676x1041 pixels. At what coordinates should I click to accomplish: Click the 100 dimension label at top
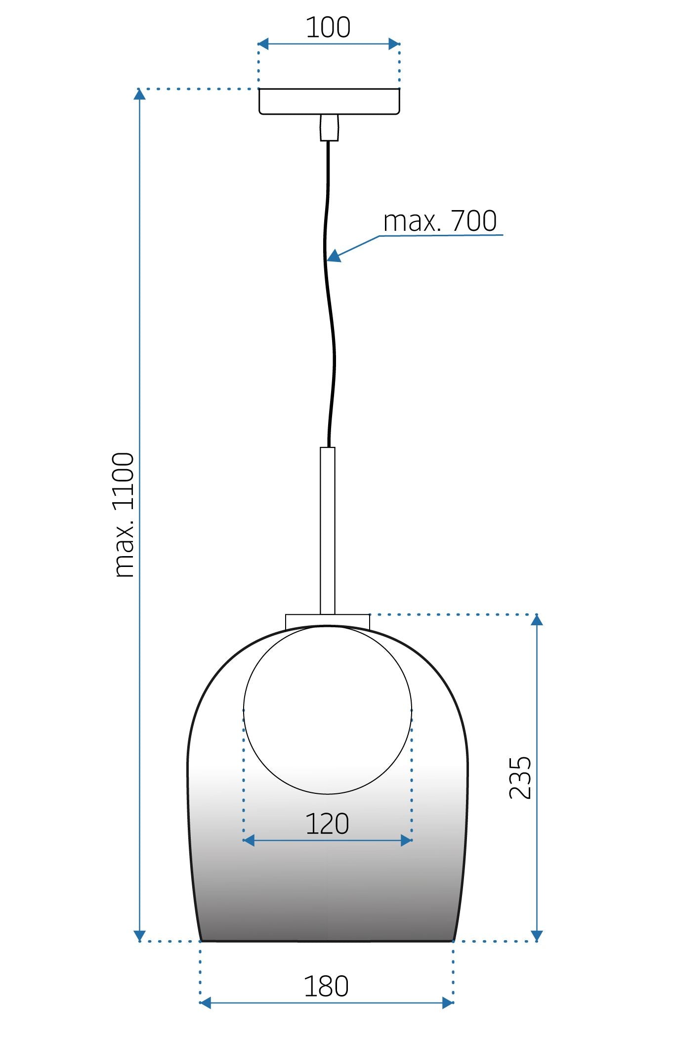[x=328, y=28]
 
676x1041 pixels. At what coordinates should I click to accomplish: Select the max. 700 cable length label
[x=440, y=221]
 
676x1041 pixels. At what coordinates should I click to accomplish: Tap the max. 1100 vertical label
[x=124, y=515]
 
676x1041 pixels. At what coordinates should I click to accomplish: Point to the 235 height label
[x=520, y=778]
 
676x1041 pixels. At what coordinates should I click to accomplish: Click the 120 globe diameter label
[x=327, y=824]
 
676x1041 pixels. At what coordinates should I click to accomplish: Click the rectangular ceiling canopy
[x=329, y=101]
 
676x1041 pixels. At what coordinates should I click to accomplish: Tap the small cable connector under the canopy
[x=329, y=128]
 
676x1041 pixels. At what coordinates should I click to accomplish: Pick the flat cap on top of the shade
[x=327, y=621]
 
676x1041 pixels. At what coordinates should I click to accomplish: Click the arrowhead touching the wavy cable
[x=334, y=256]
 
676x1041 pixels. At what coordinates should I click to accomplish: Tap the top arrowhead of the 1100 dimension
[x=140, y=93]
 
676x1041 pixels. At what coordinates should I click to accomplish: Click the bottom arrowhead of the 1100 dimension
[x=140, y=936]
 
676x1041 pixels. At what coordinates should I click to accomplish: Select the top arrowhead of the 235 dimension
[x=537, y=620]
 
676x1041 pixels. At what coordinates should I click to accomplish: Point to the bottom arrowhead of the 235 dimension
[x=537, y=936]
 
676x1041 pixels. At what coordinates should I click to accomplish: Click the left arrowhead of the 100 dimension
[x=263, y=44]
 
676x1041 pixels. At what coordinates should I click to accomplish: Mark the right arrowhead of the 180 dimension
[x=448, y=1003]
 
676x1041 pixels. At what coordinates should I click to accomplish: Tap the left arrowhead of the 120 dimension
[x=249, y=840]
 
